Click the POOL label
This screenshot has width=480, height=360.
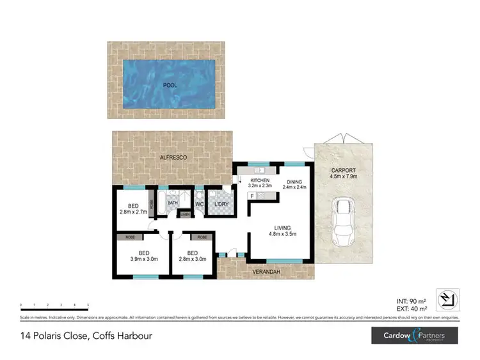[x=170, y=84]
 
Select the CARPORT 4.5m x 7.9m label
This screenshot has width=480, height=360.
[x=343, y=174]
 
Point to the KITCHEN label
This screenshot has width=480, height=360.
[x=260, y=184]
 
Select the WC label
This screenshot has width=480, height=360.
[x=198, y=204]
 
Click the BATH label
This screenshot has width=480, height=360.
[x=173, y=203]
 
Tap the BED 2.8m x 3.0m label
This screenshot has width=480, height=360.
[x=192, y=254]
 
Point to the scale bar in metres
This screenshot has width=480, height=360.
[x=54, y=306]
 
